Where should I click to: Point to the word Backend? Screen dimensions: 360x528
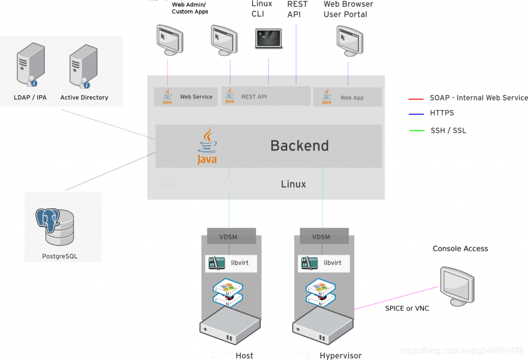[300, 145]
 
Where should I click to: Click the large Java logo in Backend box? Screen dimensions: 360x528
[207, 147]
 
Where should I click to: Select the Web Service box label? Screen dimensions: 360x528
[196, 96]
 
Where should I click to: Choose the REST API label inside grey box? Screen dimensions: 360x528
[254, 96]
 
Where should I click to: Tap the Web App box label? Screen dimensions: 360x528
[352, 97]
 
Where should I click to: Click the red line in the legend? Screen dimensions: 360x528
[416, 99]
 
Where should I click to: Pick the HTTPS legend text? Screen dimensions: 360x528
[442, 113]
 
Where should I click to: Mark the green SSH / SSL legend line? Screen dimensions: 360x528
[416, 130]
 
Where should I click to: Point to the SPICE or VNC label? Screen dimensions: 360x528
[407, 308]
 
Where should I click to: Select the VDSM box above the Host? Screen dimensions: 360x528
[228, 237]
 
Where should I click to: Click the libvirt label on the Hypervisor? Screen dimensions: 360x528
[333, 263]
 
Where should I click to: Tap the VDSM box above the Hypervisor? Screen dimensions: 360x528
[321, 237]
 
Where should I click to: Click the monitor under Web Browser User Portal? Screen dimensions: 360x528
[349, 41]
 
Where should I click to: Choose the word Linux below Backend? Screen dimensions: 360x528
[293, 184]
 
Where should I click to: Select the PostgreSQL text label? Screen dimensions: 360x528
[60, 256]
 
